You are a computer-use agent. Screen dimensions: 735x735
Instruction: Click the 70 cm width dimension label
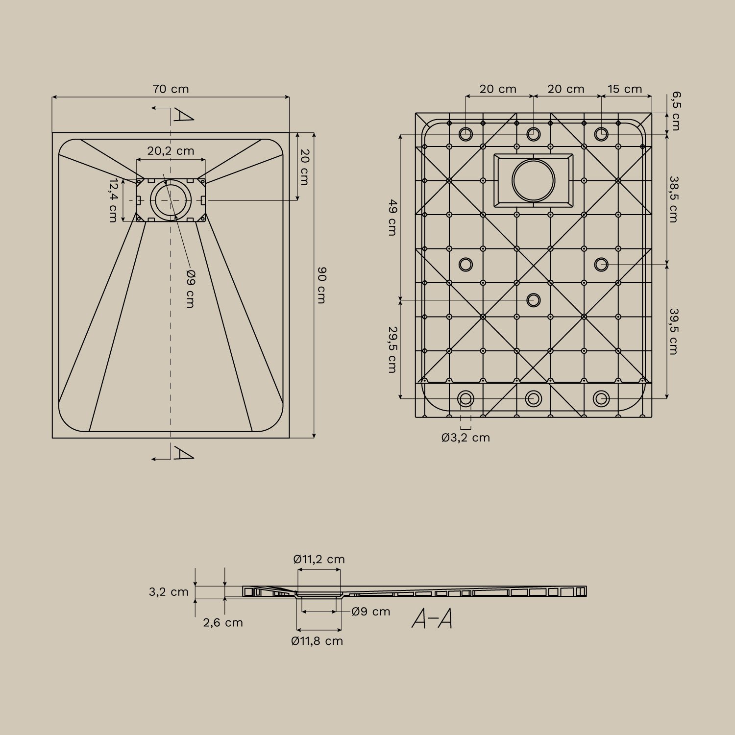pyautogui.click(x=171, y=89)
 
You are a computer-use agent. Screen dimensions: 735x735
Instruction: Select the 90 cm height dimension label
pyautogui.click(x=321, y=285)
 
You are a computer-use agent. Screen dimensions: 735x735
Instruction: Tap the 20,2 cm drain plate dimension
pyautogui.click(x=171, y=151)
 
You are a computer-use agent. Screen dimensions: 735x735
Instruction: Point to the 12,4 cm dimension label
pyautogui.click(x=113, y=200)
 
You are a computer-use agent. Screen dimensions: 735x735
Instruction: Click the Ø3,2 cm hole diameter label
pyautogui.click(x=465, y=438)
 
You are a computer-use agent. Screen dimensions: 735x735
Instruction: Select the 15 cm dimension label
pyautogui.click(x=625, y=89)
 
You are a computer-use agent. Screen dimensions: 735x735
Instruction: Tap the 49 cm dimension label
pyautogui.click(x=392, y=218)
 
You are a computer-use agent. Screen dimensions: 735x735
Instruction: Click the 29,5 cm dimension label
pyautogui.click(x=392, y=349)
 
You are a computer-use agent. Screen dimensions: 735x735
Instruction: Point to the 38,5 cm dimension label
pyautogui.click(x=674, y=199)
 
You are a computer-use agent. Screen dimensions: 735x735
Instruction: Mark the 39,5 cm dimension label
pyautogui.click(x=674, y=331)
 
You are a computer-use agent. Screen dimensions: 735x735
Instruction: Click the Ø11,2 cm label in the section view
pyautogui.click(x=319, y=559)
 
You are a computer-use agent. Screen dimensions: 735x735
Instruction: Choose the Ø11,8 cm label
pyautogui.click(x=317, y=641)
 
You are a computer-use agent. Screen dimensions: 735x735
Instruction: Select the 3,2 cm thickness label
pyautogui.click(x=169, y=592)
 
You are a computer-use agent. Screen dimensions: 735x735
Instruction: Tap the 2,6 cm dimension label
pyautogui.click(x=223, y=623)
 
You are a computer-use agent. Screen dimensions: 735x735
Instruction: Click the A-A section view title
pyautogui.click(x=432, y=619)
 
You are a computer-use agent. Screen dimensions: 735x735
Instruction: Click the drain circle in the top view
pyautogui.click(x=171, y=200)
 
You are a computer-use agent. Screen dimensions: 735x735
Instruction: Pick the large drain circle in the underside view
pyautogui.click(x=533, y=180)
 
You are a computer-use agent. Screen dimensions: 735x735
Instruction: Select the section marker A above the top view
pyautogui.click(x=183, y=115)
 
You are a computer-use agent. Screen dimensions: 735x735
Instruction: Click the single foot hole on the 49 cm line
pyautogui.click(x=533, y=300)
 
